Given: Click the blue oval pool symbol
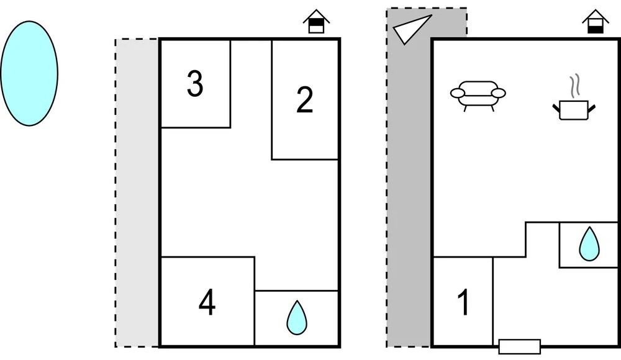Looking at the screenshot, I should (x=29, y=73).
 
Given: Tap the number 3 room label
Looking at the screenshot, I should (x=195, y=84).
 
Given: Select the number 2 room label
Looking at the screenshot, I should (x=304, y=100).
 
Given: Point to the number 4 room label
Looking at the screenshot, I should (x=207, y=304).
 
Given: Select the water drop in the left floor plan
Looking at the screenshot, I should (x=297, y=318).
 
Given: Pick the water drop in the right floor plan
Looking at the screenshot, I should (x=589, y=244).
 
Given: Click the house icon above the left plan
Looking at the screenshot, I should (x=317, y=22).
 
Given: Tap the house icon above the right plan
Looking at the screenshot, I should (x=595, y=22).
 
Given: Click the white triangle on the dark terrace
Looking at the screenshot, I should (x=409, y=29).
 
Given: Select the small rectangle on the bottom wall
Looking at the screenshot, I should (x=520, y=346).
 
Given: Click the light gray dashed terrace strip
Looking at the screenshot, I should (x=137, y=192).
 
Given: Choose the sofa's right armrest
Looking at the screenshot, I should (x=498, y=94).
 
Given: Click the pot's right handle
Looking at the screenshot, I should (x=592, y=109).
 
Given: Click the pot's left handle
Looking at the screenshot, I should (x=556, y=109).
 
